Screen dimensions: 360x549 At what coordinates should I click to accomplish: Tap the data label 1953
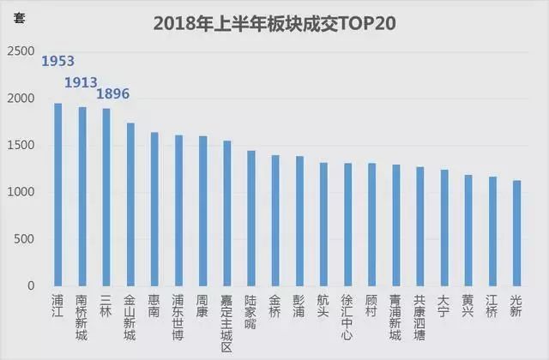[x=58, y=61]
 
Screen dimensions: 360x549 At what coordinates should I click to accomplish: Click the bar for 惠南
[x=154, y=209]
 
